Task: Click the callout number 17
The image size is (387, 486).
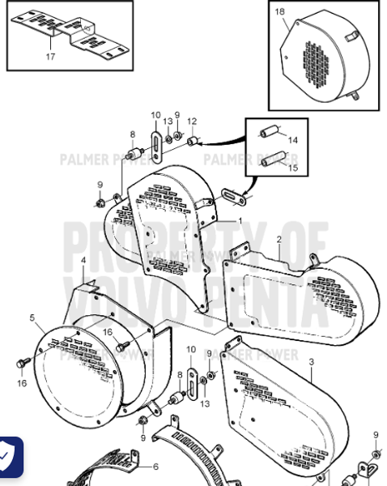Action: click(x=50, y=57)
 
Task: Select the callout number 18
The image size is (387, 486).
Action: click(x=279, y=12)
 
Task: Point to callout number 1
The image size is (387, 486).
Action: click(x=240, y=220)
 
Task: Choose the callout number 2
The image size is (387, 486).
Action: click(x=279, y=240)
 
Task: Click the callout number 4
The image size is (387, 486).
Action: click(x=83, y=260)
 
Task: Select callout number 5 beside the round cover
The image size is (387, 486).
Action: click(x=32, y=318)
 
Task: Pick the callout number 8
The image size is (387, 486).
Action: click(x=132, y=134)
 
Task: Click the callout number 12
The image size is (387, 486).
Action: click(x=192, y=122)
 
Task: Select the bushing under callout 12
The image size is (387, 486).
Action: click(x=193, y=141)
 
